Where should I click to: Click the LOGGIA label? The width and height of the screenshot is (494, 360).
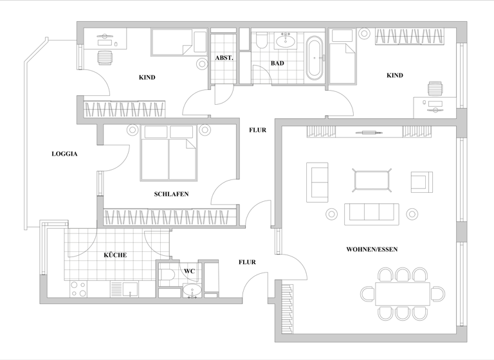coord(64,154)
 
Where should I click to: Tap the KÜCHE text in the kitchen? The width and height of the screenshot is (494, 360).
coord(115,255)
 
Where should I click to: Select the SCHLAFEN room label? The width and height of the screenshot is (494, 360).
coord(171,194)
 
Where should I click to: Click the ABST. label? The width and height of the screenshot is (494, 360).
coord(224,58)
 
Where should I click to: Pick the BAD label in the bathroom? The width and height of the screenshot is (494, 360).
coord(277,64)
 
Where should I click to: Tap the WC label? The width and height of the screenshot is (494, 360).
coord(189,271)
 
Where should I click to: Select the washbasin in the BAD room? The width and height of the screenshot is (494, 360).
coord(285,42)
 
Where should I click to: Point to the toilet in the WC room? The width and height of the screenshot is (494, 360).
coord(169,276)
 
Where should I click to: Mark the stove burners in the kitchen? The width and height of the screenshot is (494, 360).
coord(78,289)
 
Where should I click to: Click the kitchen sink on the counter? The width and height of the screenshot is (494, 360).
coord(131,289)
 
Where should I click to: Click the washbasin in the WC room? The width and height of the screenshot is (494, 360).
coord(190,292)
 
